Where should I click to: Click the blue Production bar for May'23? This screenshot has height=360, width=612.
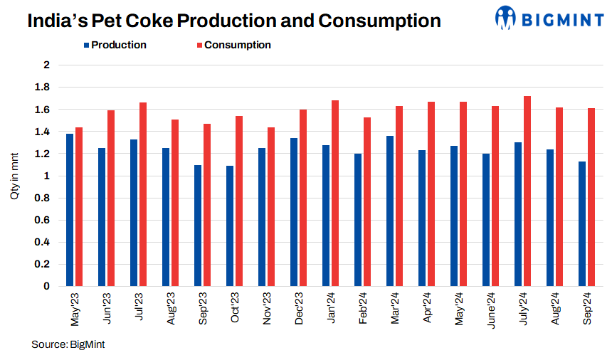70,210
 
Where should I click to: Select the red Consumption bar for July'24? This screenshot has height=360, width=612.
527,191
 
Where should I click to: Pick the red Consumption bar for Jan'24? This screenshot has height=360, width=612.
335,194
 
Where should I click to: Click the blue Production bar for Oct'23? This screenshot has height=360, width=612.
230,226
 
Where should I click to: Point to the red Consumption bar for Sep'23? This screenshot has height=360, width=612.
207,205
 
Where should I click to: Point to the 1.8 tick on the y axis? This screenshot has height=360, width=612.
46,88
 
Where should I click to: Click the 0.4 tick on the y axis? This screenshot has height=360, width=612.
46,242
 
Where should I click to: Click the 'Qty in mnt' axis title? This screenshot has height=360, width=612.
15,175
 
